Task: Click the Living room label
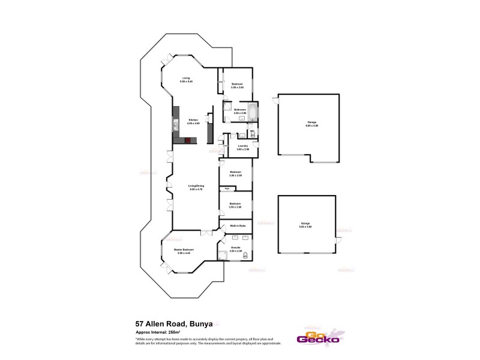point(186,78)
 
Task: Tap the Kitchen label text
point(193,120)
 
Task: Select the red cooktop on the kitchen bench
point(188,140)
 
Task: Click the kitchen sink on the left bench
point(176,125)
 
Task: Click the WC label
point(253,130)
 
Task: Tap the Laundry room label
point(243,146)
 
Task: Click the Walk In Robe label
point(238,226)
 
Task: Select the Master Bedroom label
point(182,250)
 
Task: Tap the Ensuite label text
point(236,247)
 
